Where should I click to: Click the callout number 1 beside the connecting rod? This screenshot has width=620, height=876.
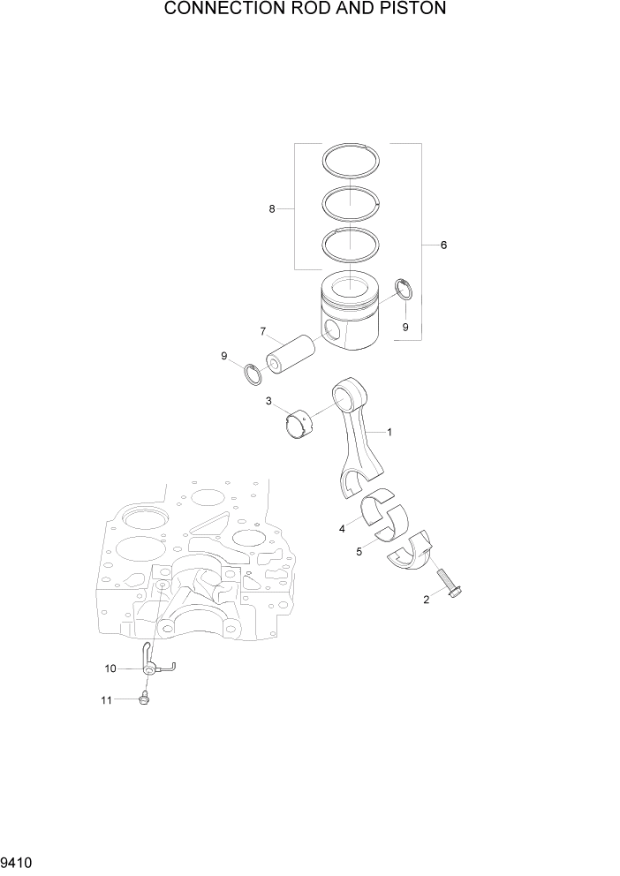(x=389, y=432)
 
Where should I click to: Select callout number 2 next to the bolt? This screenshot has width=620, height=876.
(x=427, y=600)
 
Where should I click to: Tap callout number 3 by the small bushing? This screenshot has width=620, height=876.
(x=268, y=402)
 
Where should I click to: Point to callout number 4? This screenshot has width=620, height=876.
(x=341, y=529)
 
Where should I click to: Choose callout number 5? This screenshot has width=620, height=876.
(x=359, y=552)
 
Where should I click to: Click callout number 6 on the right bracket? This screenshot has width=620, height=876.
(x=443, y=245)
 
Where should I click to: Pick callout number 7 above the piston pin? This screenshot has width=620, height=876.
(x=263, y=331)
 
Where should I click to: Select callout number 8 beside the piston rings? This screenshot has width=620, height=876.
(x=272, y=208)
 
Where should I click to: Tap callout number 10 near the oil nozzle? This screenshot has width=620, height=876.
(x=110, y=668)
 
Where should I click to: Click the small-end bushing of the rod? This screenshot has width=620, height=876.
(x=301, y=423)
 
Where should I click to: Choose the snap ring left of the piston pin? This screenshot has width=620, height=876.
(x=254, y=374)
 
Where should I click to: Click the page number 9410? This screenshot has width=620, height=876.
(x=19, y=861)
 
